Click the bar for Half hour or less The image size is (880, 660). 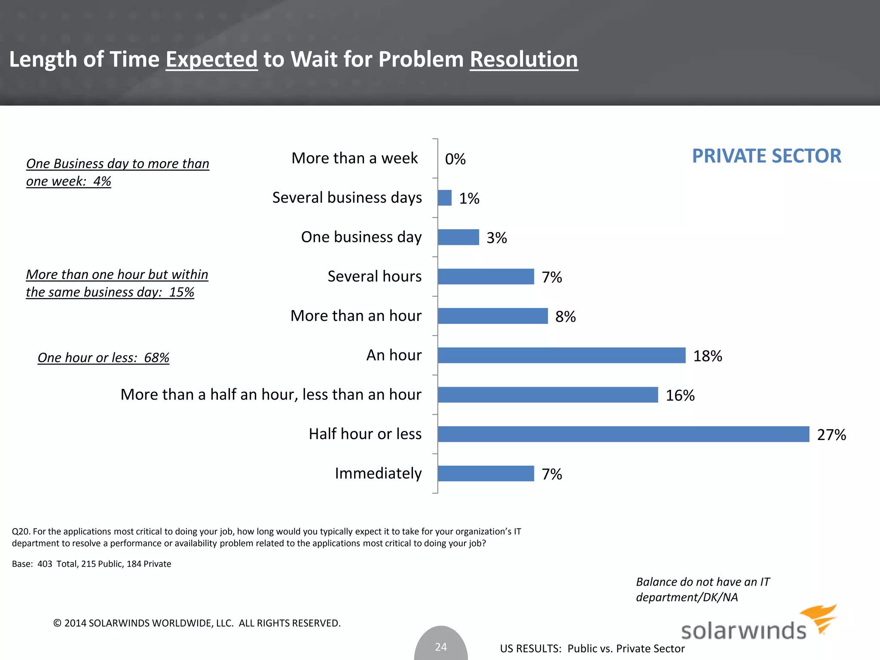[x=623, y=434]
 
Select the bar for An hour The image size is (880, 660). [x=562, y=355]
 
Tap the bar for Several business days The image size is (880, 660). [x=445, y=198]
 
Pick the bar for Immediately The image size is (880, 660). [x=486, y=474]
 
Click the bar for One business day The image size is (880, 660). [x=458, y=237]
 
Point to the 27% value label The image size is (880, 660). [x=831, y=435]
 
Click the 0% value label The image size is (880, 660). [x=455, y=159]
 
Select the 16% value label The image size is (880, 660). [x=680, y=395]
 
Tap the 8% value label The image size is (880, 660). [x=565, y=317]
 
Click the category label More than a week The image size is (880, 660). [x=354, y=158]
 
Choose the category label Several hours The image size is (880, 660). [x=374, y=276]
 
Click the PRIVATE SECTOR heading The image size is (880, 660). [x=766, y=156]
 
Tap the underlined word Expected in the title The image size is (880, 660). [x=211, y=59]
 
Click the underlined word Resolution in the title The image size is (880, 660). [x=524, y=59]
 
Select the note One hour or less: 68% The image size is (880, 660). [x=103, y=357]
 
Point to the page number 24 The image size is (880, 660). [x=441, y=647]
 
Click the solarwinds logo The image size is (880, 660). [x=758, y=625]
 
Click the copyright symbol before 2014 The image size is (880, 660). [x=57, y=623]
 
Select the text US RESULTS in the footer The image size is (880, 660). [x=530, y=648]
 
